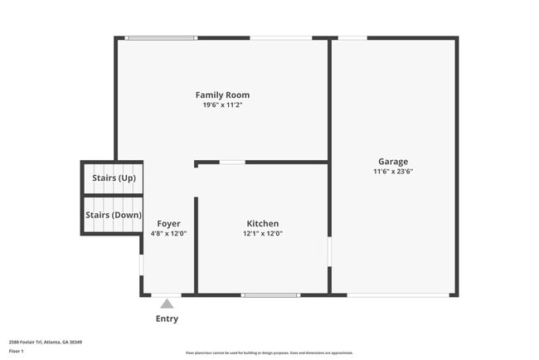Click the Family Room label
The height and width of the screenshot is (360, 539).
click(222, 95)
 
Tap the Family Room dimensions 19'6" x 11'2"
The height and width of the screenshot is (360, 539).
click(222, 105)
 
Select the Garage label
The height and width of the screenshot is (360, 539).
click(393, 161)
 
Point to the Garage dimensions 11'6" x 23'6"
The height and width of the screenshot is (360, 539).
click(393, 172)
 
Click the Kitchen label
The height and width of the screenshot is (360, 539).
click(262, 223)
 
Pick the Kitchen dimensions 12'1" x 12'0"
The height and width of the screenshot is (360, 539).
click(262, 234)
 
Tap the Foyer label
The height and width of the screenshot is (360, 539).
click(168, 223)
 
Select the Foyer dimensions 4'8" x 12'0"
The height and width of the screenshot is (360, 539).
click(168, 234)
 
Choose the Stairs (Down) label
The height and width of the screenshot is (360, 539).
click(113, 215)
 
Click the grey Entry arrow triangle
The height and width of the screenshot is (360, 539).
click(167, 304)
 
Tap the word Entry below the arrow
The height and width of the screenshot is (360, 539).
click(167, 319)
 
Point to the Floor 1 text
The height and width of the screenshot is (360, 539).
click(17, 351)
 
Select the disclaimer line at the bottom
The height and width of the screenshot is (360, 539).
click(269, 353)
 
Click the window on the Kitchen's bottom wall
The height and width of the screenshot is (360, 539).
click(270, 294)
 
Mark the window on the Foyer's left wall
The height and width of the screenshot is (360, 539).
click(141, 264)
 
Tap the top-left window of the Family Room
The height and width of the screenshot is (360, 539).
click(162, 37)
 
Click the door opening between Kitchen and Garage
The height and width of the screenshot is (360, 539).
click(329, 251)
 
